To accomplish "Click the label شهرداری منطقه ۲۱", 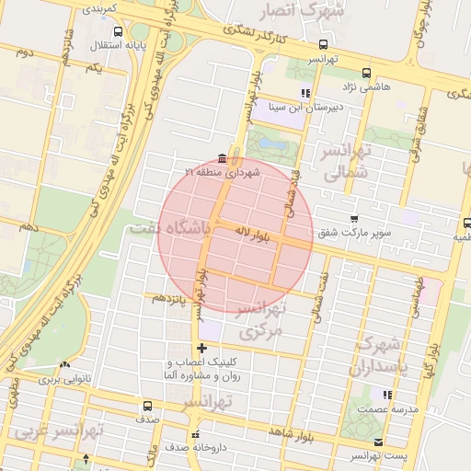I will click(223, 172).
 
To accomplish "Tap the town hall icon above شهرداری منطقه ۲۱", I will click(223, 158).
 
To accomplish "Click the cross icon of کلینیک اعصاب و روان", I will click(202, 347).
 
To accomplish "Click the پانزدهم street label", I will click(170, 299).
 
